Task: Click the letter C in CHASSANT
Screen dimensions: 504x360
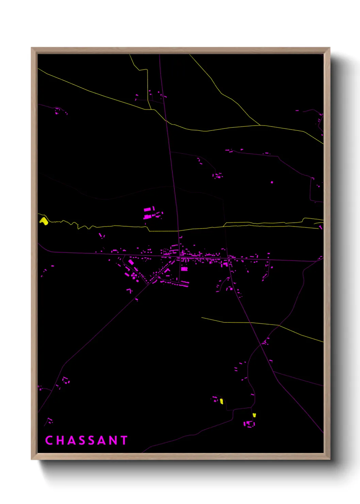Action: pyautogui.click(x=49, y=440)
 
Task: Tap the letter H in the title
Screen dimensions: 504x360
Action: pyautogui.click(x=60, y=440)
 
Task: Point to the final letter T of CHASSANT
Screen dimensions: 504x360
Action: pyautogui.click(x=124, y=440)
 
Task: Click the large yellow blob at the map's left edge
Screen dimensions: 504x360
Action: pyautogui.click(x=43, y=221)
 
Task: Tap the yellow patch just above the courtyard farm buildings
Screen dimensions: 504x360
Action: pyautogui.click(x=254, y=415)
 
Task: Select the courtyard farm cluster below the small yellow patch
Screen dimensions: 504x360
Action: pyautogui.click(x=249, y=424)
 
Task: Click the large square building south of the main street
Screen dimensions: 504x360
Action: pyautogui.click(x=184, y=269)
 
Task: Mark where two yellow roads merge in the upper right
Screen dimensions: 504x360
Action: pyautogui.click(x=260, y=125)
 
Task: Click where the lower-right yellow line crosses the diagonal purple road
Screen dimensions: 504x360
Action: pyautogui.click(x=250, y=322)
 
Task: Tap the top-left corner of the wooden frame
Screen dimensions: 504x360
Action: pyautogui.click(x=32, y=48)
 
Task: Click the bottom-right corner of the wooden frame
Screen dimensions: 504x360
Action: pyautogui.click(x=329, y=459)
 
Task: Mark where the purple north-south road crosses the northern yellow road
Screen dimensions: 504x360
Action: pyautogui.click(x=166, y=121)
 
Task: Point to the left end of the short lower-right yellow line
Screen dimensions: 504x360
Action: pyautogui.click(x=201, y=318)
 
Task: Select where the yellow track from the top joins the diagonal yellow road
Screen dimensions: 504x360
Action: pyautogui.click(x=151, y=110)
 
